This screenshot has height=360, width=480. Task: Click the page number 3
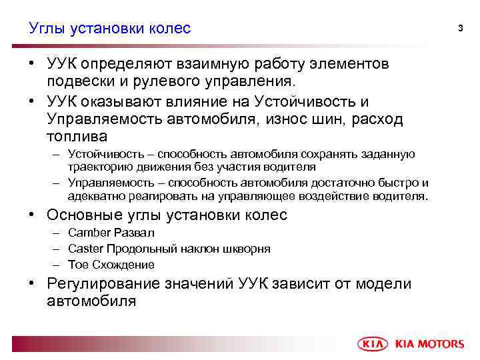(x=460, y=27)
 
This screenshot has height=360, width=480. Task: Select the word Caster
(x=84, y=249)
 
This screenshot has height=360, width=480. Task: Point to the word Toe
(x=77, y=265)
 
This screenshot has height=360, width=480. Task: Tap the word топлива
(x=77, y=137)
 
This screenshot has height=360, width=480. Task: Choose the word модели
(x=386, y=283)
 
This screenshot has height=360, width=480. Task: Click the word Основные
(x=85, y=215)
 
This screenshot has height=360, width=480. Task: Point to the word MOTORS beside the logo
(x=440, y=344)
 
